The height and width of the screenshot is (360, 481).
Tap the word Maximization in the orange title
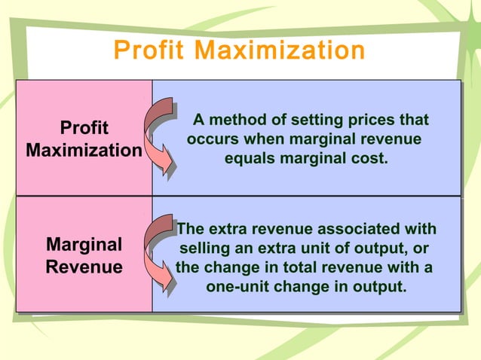(280, 51)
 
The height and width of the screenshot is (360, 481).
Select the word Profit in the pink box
(84, 127)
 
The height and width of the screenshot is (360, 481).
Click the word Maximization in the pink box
(84, 150)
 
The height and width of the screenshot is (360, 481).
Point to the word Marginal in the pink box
(84, 245)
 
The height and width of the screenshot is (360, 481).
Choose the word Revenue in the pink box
(84, 267)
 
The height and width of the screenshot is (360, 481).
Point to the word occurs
(213, 140)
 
